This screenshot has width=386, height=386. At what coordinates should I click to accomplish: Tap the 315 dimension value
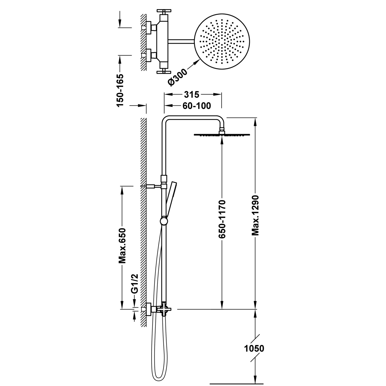[191, 95]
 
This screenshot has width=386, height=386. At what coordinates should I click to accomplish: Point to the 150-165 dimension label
[120, 90]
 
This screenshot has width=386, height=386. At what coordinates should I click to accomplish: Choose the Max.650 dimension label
[122, 245]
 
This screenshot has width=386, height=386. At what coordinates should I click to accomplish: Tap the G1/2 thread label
[135, 284]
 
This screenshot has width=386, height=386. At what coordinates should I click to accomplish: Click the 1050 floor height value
[254, 348]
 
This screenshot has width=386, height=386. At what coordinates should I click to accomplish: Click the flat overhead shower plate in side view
[222, 135]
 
